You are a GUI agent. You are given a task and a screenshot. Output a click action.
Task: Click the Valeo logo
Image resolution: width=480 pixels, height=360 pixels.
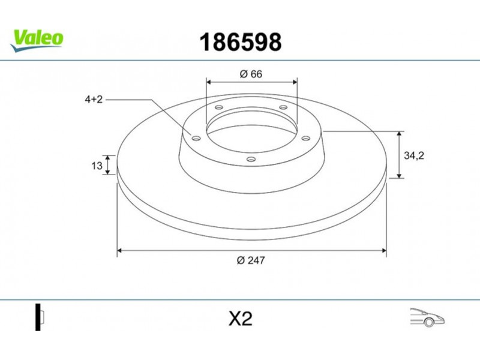(x=37, y=40)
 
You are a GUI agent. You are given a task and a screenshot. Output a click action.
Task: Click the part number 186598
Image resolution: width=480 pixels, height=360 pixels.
(x=241, y=42)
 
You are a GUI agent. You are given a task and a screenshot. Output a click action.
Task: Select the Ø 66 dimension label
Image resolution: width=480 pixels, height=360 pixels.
(x=251, y=74)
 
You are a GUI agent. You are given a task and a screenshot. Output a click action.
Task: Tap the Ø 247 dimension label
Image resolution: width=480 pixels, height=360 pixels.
(x=251, y=260)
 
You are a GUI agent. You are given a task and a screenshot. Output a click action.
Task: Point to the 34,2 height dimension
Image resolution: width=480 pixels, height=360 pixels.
(x=414, y=155)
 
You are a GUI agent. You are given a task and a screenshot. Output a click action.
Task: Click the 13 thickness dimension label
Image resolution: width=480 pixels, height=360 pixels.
(x=97, y=166)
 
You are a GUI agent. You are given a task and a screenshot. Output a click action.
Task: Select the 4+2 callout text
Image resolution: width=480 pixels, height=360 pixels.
(x=94, y=100)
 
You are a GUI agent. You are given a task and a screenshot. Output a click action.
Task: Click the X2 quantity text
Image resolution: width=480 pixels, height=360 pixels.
(x=241, y=319)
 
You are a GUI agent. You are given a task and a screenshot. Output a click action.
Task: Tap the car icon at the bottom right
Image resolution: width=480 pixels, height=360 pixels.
(x=427, y=317)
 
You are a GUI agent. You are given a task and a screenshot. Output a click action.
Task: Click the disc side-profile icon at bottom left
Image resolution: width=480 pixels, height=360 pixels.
(x=40, y=317)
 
